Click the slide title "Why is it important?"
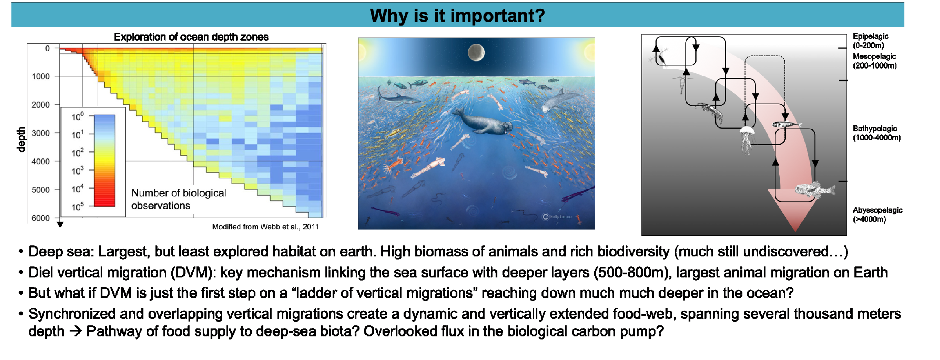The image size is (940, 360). (x=457, y=16)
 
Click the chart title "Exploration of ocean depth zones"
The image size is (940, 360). (x=191, y=37)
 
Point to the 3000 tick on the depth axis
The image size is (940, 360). (x=57, y=133)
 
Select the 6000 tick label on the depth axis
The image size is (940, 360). (x=41, y=218)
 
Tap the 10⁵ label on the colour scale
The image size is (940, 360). (x=77, y=206)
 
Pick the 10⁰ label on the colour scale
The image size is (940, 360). (x=77, y=116)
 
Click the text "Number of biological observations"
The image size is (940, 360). (x=179, y=199)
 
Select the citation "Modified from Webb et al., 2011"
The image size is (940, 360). (x=265, y=227)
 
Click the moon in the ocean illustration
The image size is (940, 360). (x=476, y=52)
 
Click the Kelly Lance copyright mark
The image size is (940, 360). (x=557, y=217)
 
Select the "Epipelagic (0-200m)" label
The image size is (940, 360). (x=870, y=41)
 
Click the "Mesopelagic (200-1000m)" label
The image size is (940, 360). (x=875, y=61)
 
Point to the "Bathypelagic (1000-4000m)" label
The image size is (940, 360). (x=877, y=133)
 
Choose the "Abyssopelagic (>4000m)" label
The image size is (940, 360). (x=878, y=214)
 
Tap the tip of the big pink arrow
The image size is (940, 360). (x=796, y=231)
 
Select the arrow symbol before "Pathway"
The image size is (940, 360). (x=76, y=332)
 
